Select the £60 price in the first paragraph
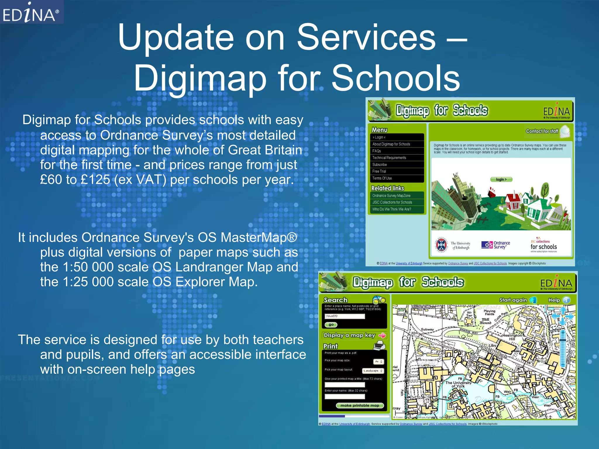coord(51,179)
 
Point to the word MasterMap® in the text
coord(259,237)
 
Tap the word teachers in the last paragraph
coord(278,340)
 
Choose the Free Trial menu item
coord(379,171)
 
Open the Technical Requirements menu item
coord(389,158)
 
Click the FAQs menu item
coord(377,151)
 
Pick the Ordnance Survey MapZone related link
coord(391,196)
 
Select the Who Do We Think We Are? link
coord(392,209)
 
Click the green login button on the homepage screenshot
coord(501,179)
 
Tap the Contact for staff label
coord(542,131)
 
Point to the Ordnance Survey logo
coord(496,245)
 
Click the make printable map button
coord(359,405)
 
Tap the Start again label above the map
coord(513,300)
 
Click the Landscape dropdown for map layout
coord(373,371)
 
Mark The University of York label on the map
coord(458,384)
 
